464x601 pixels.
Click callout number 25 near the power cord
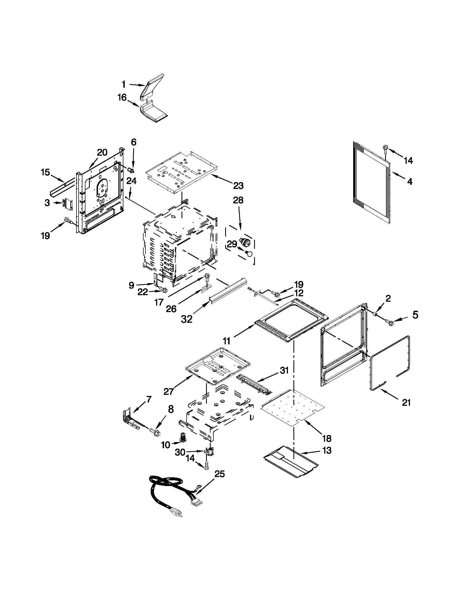pos(219,474)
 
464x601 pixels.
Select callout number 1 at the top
pos(123,84)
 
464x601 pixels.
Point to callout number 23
pos(238,186)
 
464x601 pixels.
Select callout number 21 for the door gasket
pos(406,402)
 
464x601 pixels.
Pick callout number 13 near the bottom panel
pos(327,451)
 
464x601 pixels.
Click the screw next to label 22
pos(164,290)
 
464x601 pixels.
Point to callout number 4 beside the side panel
pos(409,182)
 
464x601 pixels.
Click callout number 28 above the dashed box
pos(238,200)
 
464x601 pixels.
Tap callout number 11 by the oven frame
pos(226,341)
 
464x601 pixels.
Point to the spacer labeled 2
pos(375,314)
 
